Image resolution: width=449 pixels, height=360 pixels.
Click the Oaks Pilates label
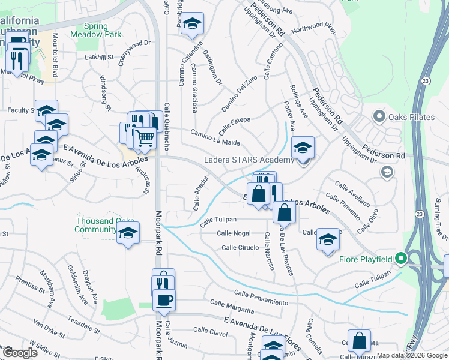[x=411, y=116]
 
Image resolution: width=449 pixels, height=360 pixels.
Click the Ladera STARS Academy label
[x=249, y=160]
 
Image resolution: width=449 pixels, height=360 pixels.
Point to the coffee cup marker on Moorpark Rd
[x=164, y=299]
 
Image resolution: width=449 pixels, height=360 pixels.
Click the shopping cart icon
[x=145, y=139]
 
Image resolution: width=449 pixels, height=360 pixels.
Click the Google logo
[x=20, y=353]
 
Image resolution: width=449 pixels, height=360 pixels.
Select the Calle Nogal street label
[x=234, y=233]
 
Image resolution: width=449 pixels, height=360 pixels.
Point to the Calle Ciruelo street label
[x=240, y=247]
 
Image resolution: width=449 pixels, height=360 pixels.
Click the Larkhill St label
[x=99, y=57]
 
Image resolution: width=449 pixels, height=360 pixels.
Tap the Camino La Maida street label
[x=215, y=137]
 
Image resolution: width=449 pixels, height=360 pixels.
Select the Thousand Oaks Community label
[x=96, y=225]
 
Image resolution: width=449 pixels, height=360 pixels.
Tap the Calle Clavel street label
[x=210, y=331]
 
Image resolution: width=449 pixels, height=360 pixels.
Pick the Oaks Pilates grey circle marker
[x=379, y=116]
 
